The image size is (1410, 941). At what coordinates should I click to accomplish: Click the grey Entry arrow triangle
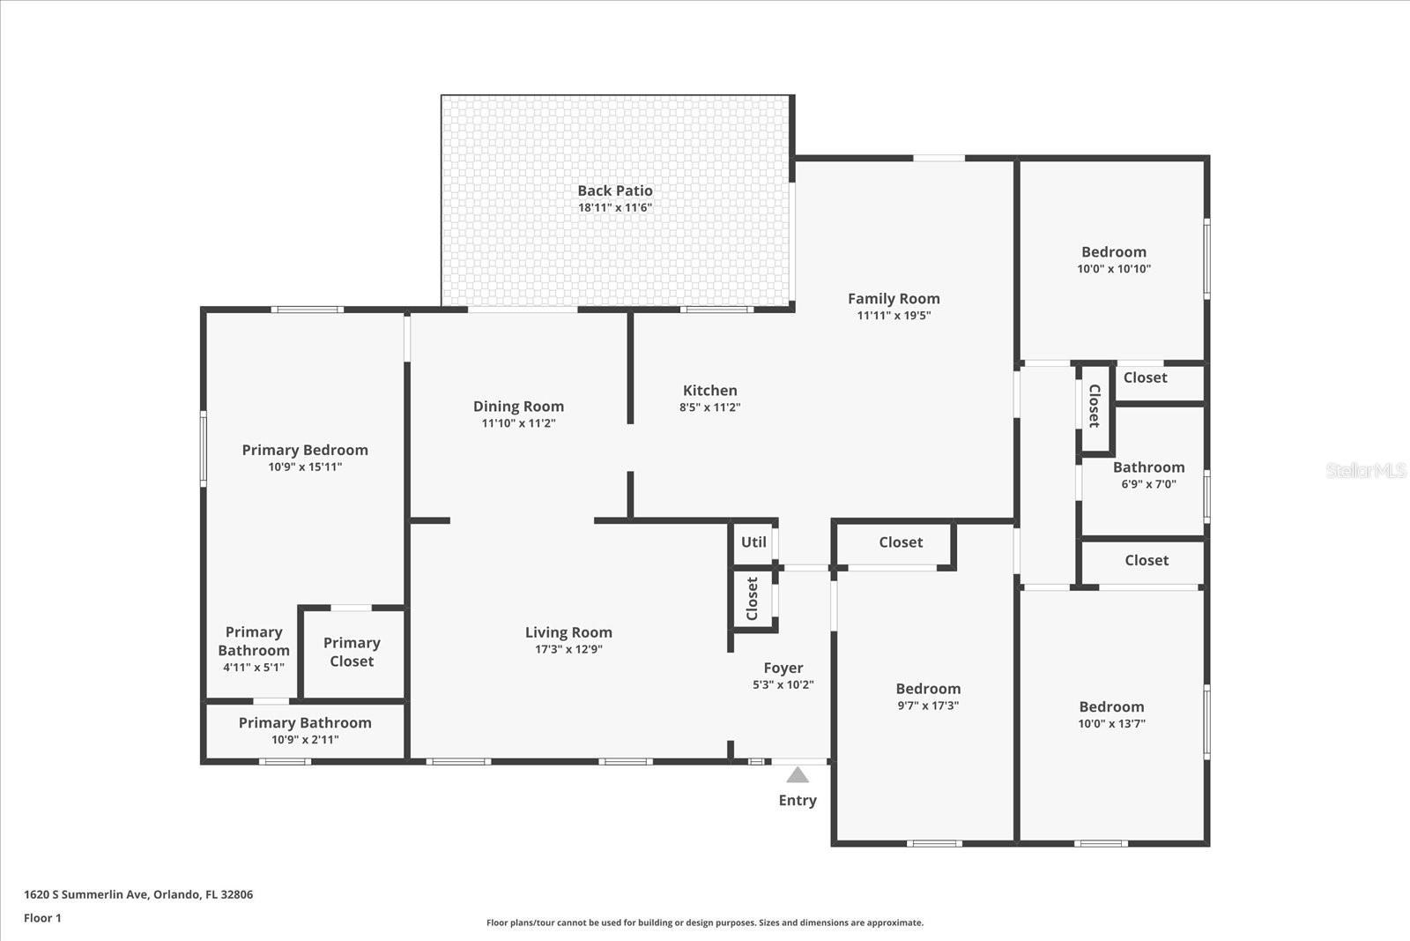[x=798, y=776]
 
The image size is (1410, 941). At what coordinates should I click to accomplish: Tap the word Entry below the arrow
[x=798, y=801]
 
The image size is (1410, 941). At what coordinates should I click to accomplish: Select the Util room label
[x=753, y=542]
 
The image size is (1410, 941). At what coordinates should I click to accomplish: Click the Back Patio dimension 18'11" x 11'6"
[x=615, y=208]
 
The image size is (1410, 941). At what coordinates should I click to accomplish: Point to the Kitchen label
[x=709, y=391]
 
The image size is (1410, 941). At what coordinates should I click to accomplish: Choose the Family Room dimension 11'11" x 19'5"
[x=894, y=316]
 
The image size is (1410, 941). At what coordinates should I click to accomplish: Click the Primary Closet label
[x=352, y=652]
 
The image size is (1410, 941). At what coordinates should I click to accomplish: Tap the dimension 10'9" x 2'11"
[x=305, y=740]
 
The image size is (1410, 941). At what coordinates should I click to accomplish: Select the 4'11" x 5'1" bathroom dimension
[x=254, y=668]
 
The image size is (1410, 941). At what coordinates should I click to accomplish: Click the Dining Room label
[x=518, y=407]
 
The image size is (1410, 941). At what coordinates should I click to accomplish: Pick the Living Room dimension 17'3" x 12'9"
[x=568, y=650]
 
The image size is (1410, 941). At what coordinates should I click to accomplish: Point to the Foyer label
[x=783, y=668]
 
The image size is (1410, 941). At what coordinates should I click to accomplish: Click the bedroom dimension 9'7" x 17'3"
[x=928, y=706]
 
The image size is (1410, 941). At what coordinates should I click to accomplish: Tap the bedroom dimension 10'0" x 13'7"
[x=1111, y=724]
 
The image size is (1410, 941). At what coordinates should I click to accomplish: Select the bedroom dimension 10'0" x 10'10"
[x=1114, y=269]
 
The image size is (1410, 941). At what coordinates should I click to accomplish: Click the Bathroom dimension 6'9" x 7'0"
[x=1148, y=484]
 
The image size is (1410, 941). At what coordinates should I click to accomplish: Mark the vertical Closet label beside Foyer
[x=753, y=599]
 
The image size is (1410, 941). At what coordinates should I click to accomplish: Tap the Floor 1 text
[x=42, y=918]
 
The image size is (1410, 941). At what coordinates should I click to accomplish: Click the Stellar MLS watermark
[x=1365, y=471]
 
